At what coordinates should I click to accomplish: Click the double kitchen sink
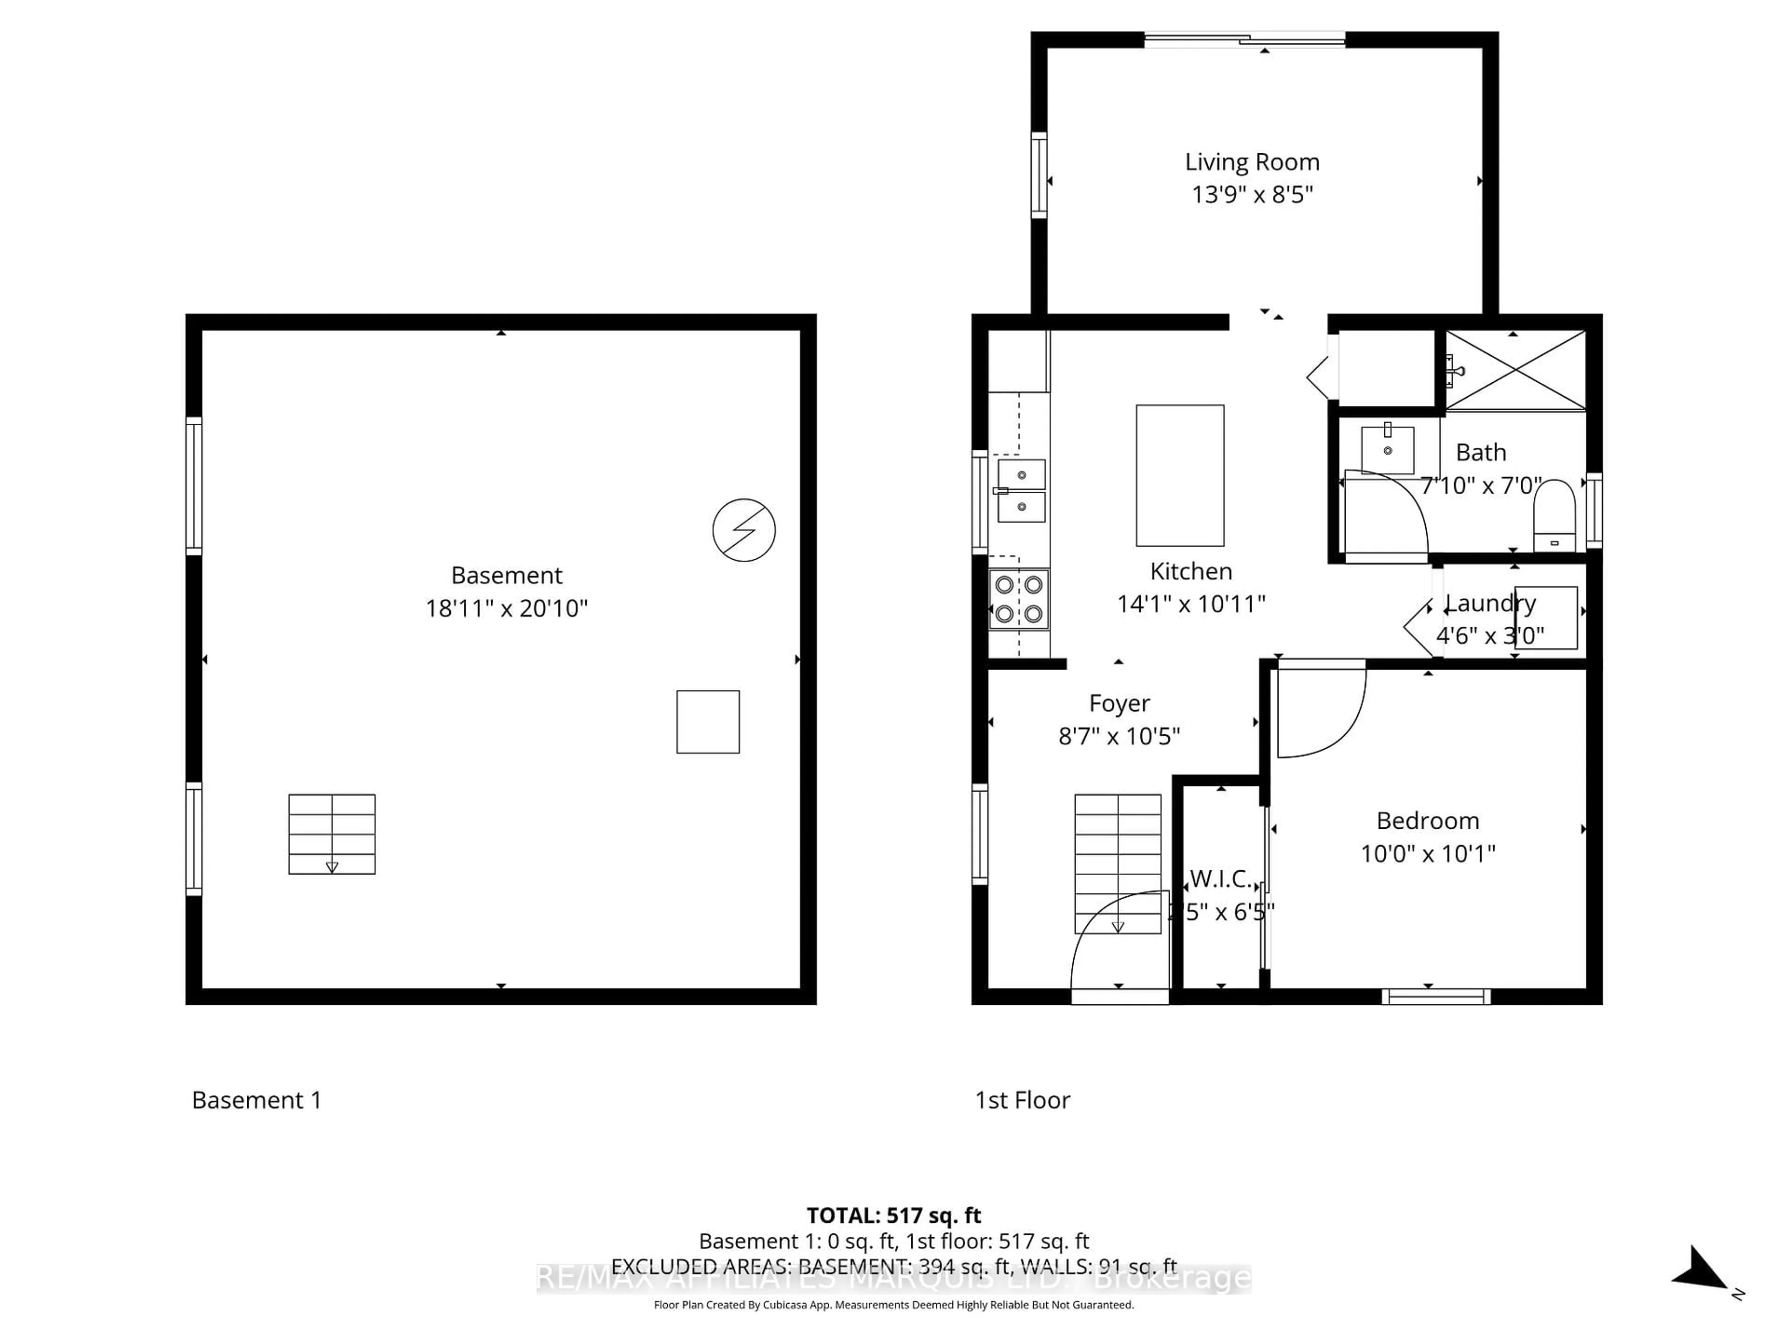(x=1021, y=491)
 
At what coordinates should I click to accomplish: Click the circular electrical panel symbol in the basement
(x=744, y=530)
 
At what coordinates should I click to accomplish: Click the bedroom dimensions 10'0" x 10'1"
(x=1428, y=853)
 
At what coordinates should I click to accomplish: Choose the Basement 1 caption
(x=256, y=1100)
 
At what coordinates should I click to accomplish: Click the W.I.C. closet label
(x=1220, y=879)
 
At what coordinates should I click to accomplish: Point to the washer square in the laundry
(x=1544, y=617)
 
